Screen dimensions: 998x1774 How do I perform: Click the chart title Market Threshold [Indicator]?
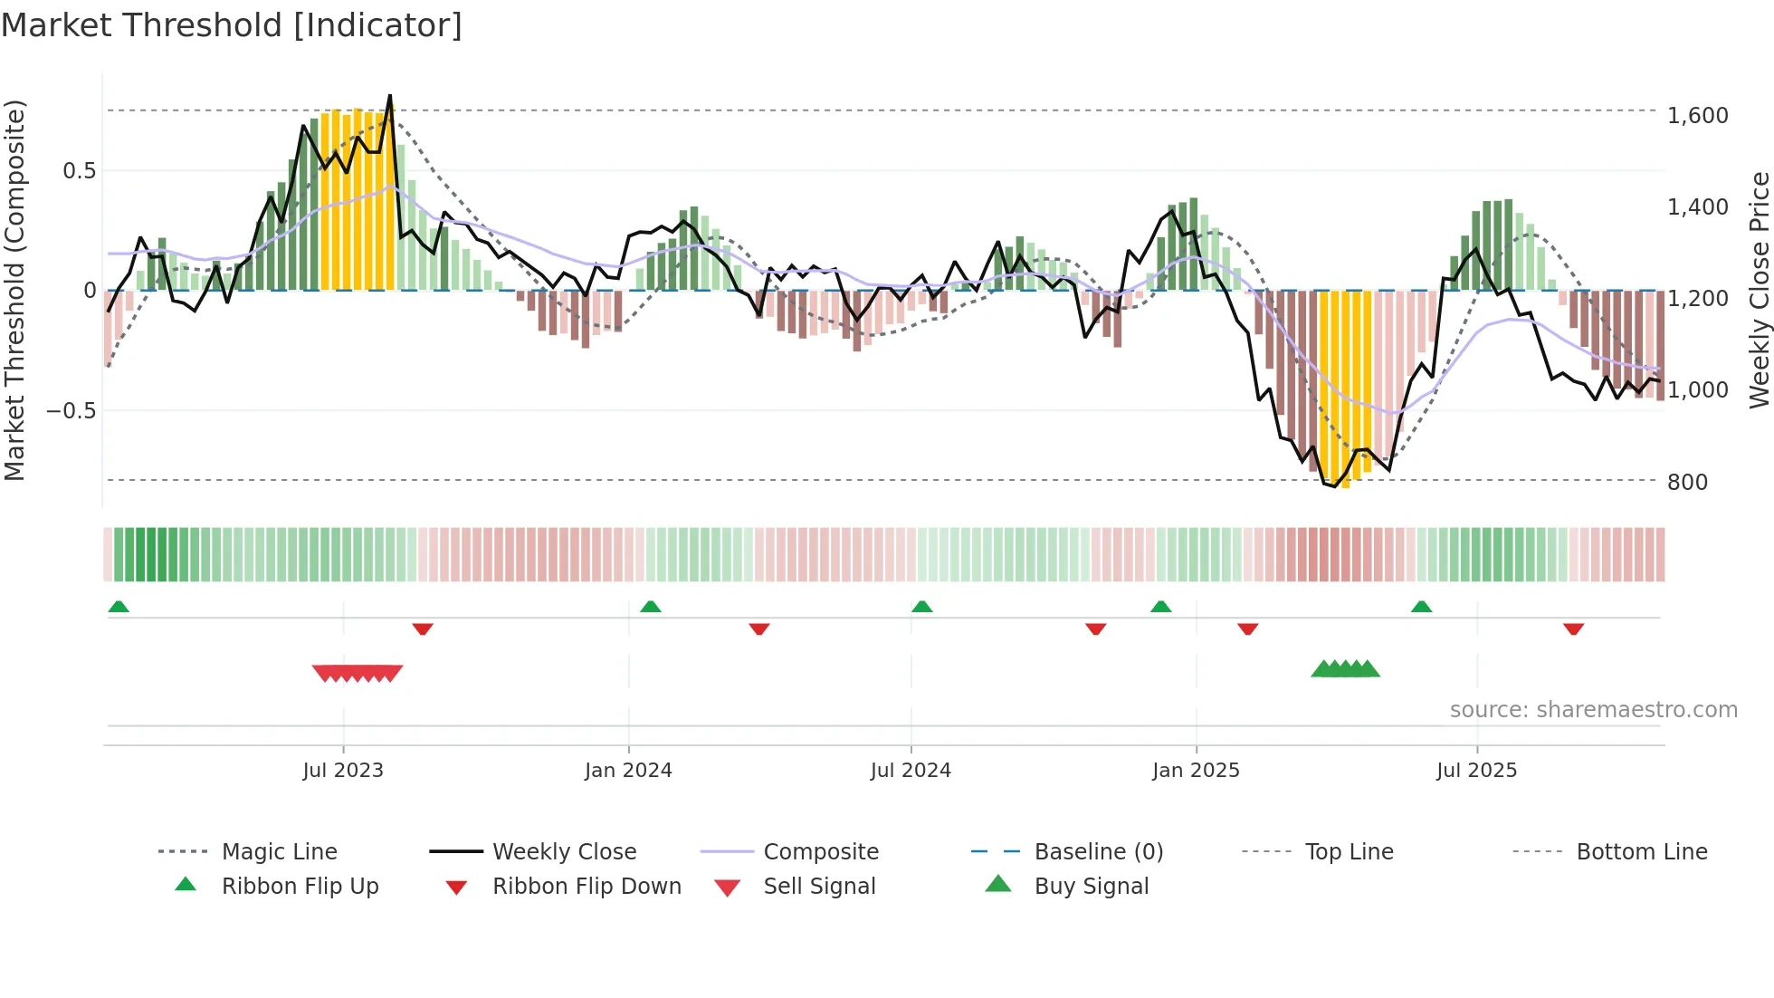pyautogui.click(x=232, y=25)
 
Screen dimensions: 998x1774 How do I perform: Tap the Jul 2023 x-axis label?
pyautogui.click(x=343, y=771)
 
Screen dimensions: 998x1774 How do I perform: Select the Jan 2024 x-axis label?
pyautogui.click(x=628, y=771)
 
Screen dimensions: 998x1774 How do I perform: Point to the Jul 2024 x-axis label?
pyautogui.click(x=911, y=771)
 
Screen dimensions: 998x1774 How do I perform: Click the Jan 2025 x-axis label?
pyautogui.click(x=1196, y=771)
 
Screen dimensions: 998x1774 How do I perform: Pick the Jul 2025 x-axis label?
pyautogui.click(x=1476, y=771)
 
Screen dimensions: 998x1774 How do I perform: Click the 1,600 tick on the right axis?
pyautogui.click(x=1698, y=116)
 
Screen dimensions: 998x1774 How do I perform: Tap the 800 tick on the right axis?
pyautogui.click(x=1687, y=483)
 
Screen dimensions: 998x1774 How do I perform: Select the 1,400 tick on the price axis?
pyautogui.click(x=1698, y=207)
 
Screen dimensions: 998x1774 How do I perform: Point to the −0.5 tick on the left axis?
pyautogui.click(x=71, y=411)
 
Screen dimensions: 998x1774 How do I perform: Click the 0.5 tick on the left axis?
pyautogui.click(x=79, y=171)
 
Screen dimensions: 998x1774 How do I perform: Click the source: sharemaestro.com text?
pyautogui.click(x=1593, y=710)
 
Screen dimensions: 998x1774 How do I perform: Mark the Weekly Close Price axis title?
pyautogui.click(x=1759, y=290)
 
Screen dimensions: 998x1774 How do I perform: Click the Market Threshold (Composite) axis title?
pyautogui.click(x=14, y=290)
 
